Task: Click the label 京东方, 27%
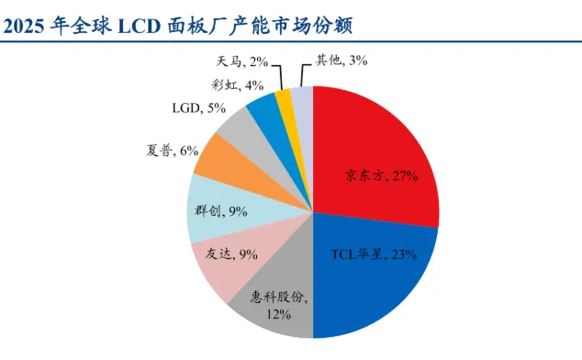pyautogui.click(x=382, y=175)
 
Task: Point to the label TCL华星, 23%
pyautogui.click(x=374, y=254)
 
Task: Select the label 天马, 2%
pyautogui.click(x=242, y=62)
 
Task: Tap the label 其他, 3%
pyautogui.click(x=341, y=61)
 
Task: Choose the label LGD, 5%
pyautogui.click(x=199, y=108)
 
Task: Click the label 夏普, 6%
pyautogui.click(x=173, y=151)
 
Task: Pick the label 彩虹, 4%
pyautogui.click(x=238, y=85)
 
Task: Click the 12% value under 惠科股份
pyautogui.click(x=278, y=315)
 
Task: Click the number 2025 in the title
pyautogui.click(x=24, y=26)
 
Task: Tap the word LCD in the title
pyautogui.click(x=140, y=26)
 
